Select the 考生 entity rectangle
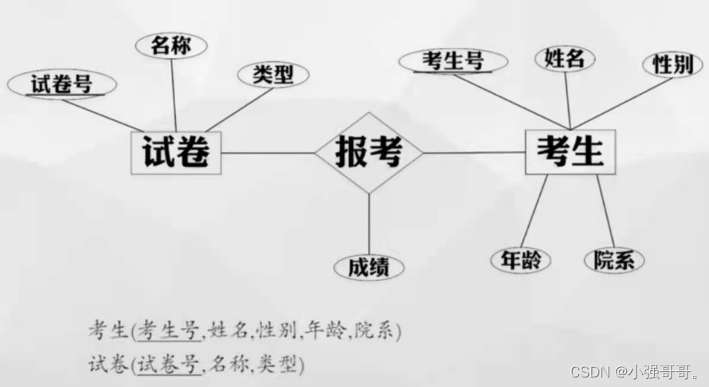[570, 151]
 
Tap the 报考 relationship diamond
[368, 151]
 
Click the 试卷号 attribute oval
[61, 84]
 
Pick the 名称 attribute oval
[171, 45]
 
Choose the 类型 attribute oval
[273, 75]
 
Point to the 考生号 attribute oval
[452, 61]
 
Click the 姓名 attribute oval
[565, 57]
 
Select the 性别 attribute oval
[672, 64]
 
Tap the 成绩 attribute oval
[368, 268]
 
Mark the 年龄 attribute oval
[520, 260]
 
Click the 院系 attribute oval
[613, 260]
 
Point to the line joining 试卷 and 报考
[268, 152]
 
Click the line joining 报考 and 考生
[474, 152]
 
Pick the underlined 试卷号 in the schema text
[168, 365]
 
